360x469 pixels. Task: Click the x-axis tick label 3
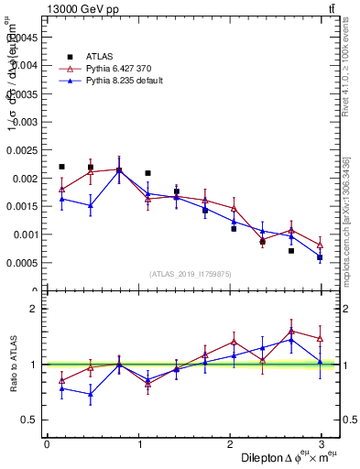coord(321,444)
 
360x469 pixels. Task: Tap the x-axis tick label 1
coord(138,444)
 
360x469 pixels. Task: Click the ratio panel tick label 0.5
coord(27,420)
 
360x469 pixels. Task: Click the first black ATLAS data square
coord(61,167)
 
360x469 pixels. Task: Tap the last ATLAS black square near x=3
coord(320,257)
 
